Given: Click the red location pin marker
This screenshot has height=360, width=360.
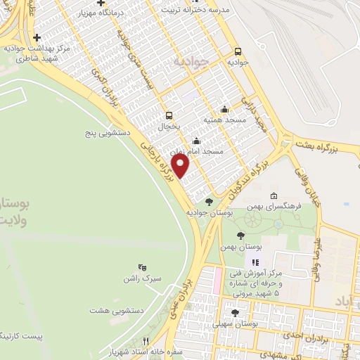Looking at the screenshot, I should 181,166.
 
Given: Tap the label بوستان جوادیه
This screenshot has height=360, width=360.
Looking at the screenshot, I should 209,212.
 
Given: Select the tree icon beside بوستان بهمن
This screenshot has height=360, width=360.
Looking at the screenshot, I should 240,236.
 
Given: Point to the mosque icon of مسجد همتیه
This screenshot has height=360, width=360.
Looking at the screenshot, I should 224,109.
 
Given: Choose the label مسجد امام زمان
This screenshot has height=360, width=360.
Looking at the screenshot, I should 202,151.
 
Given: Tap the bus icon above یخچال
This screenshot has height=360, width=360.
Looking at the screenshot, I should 168,115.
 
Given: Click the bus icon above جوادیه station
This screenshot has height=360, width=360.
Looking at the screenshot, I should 238,51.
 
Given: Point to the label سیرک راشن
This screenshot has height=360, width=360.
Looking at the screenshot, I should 142,278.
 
